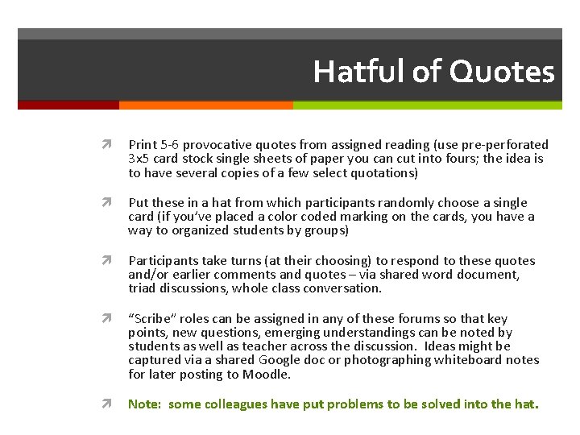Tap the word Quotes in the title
point(502,72)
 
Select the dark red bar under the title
point(68,105)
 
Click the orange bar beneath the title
point(205,105)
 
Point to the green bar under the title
point(427,105)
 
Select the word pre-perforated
point(505,145)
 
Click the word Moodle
point(271,375)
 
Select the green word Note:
point(146,404)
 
